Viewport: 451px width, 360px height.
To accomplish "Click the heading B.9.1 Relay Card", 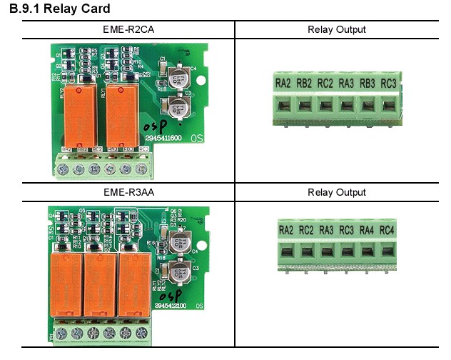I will tap(59, 9).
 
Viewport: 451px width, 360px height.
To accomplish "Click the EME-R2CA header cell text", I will tap(128, 29).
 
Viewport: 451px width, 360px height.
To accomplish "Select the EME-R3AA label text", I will tap(128, 192).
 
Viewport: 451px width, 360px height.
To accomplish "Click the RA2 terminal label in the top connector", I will tap(283, 84).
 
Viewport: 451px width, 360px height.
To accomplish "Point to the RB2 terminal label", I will tap(304, 84).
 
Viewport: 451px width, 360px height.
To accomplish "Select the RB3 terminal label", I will tap(368, 84).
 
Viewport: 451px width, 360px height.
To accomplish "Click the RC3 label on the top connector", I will tap(388, 84).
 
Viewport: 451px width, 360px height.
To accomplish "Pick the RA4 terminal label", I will tap(367, 230).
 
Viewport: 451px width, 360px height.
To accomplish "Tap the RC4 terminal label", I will tap(387, 230).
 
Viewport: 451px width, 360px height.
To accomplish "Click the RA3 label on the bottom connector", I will tap(327, 230).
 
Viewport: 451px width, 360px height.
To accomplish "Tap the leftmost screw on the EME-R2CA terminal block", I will tap(63, 169).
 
